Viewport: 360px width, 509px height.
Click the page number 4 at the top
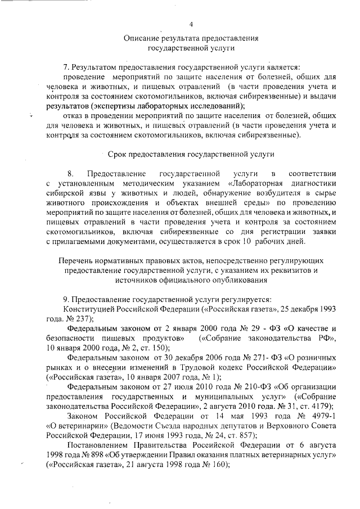[x=191, y=24]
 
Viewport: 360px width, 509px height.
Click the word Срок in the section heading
[x=117, y=154]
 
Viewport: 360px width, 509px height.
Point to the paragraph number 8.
[x=70, y=172]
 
